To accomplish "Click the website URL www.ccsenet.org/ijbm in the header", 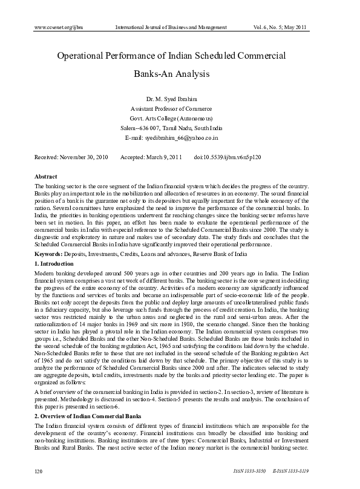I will click(59, 27).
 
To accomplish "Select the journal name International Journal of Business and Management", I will click(171, 27).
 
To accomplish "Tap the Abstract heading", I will click(46, 176).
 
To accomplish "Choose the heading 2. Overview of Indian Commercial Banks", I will click(88, 416).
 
